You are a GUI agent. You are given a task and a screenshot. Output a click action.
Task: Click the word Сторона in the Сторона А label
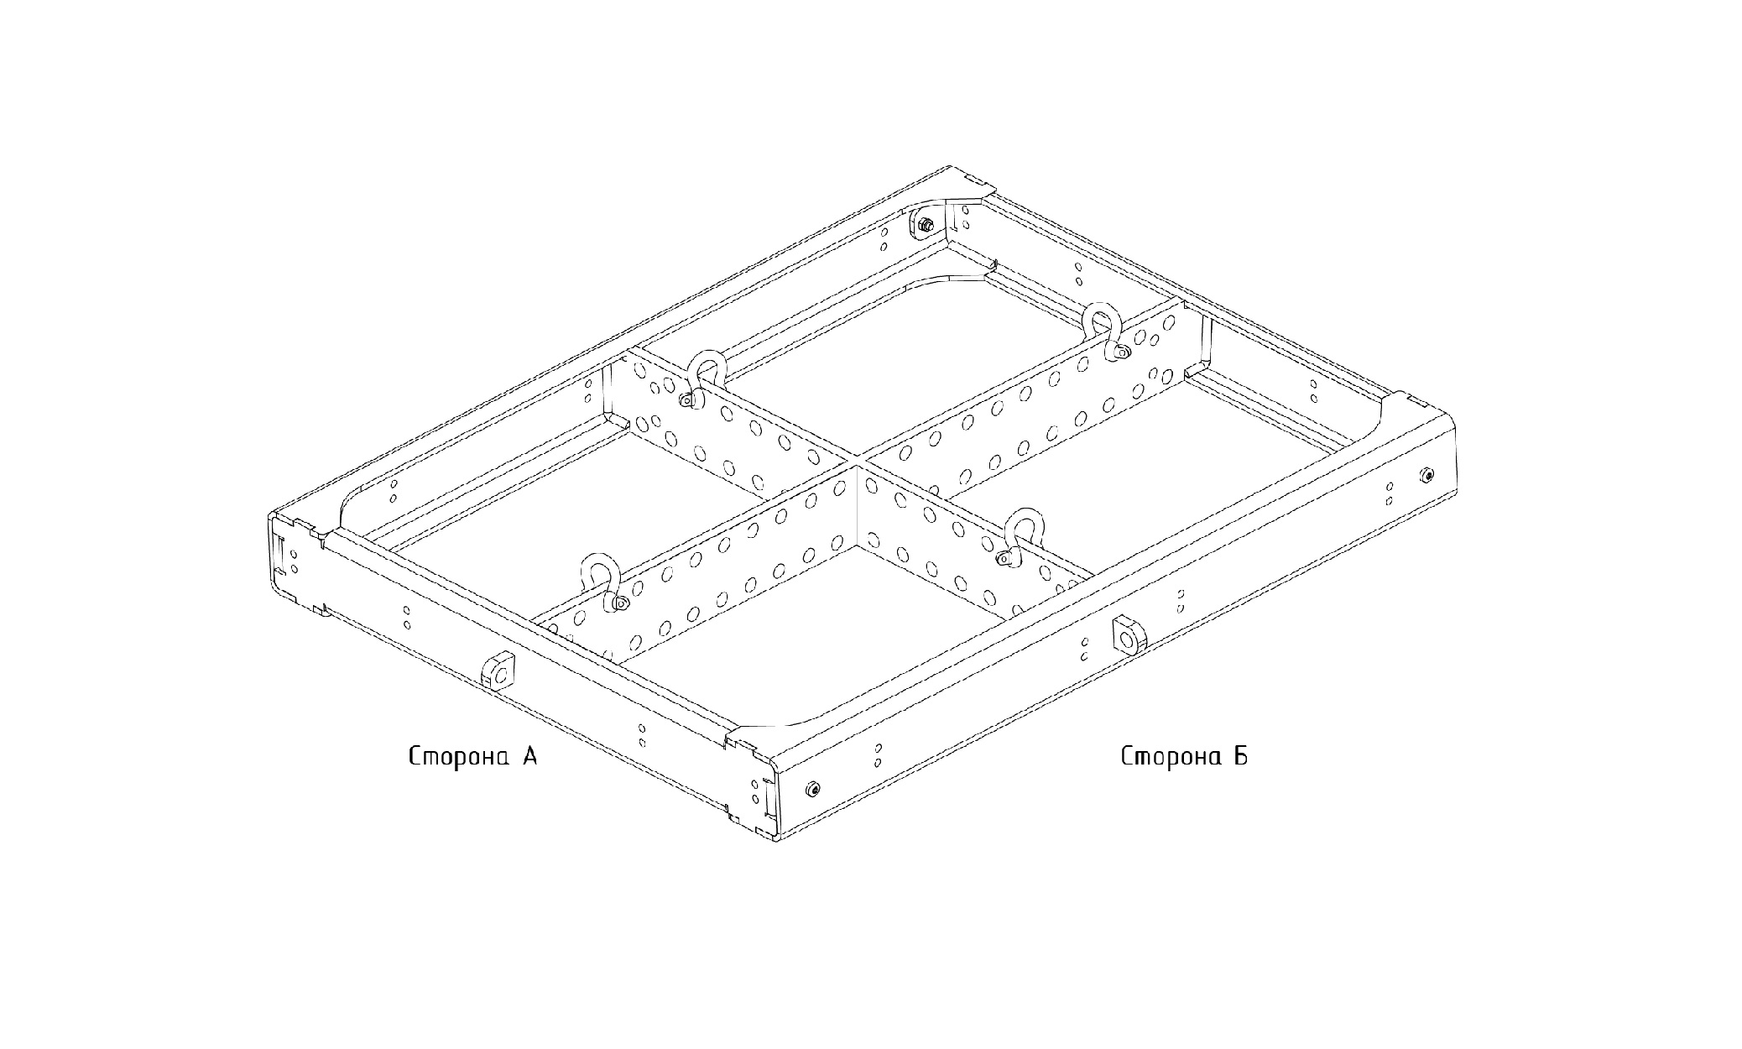460,757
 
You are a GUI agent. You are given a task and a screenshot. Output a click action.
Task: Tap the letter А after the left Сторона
529,756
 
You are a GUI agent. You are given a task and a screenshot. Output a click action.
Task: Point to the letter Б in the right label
1240,756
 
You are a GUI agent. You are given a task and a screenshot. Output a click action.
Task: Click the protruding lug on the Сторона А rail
498,670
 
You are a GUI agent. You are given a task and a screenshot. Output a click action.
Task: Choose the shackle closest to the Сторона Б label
1018,535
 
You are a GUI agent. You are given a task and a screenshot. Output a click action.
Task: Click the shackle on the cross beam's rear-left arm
705,378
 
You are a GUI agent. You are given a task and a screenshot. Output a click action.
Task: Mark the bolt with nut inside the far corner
925,224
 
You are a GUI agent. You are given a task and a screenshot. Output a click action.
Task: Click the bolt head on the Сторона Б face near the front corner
811,789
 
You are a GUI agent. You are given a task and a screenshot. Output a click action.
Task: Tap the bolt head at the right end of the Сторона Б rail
1429,475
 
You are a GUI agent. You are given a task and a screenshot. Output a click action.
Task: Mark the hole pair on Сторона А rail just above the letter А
642,735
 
